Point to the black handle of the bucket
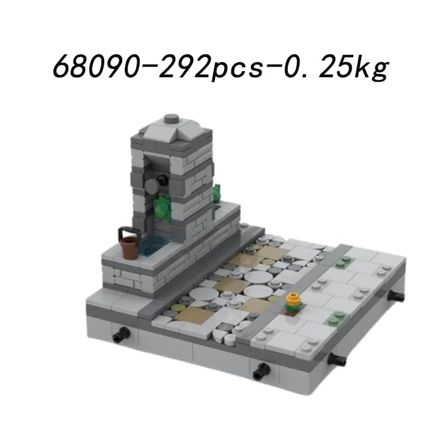pos(128,231)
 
